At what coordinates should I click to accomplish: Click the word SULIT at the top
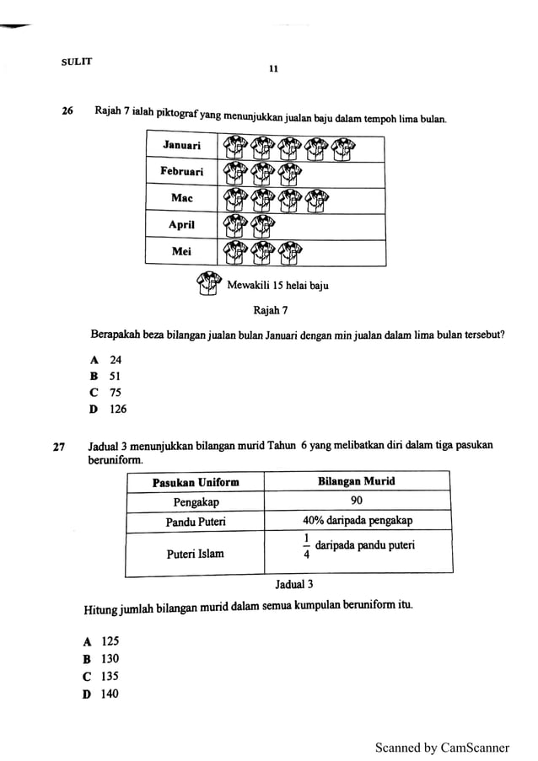click(x=77, y=62)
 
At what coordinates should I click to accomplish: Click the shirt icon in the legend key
click(x=208, y=284)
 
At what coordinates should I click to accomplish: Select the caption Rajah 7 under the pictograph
click(x=271, y=309)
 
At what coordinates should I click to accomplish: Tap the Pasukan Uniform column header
click(x=196, y=482)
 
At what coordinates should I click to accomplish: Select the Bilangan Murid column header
click(x=356, y=482)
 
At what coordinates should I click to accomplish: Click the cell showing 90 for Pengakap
click(x=356, y=501)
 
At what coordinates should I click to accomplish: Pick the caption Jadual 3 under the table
click(x=294, y=583)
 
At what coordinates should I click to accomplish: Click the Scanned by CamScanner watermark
click(x=443, y=747)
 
